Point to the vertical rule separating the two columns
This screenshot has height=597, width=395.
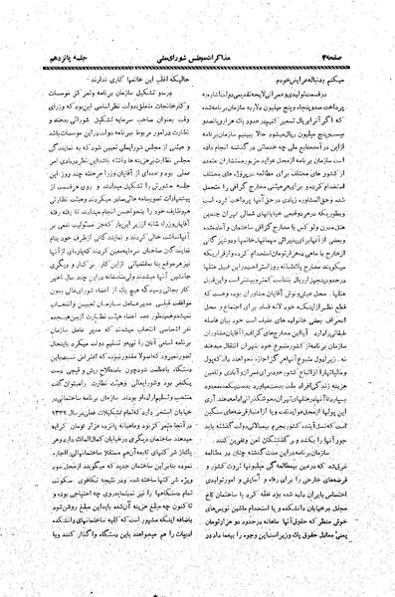point(199,308)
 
